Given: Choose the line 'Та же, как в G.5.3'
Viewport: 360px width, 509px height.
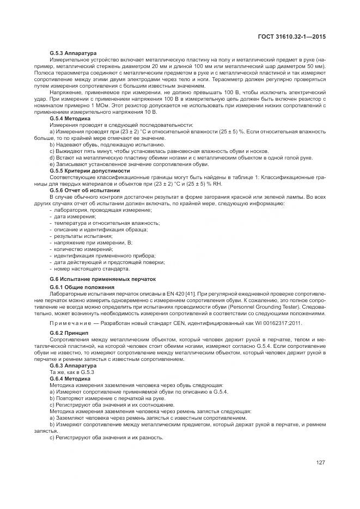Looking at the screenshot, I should click(72, 372).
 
